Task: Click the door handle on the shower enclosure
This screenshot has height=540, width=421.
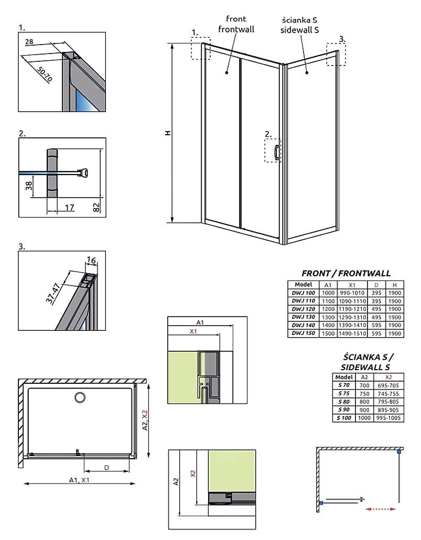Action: point(277,152)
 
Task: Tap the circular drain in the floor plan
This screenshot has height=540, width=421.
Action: point(80,397)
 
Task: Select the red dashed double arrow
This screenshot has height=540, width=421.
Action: point(380,509)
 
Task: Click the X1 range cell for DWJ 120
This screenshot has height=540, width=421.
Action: point(352,309)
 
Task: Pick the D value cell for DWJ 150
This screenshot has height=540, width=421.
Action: point(376,333)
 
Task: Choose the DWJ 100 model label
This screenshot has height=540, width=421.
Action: point(303,293)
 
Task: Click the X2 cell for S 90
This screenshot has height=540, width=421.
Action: point(388,410)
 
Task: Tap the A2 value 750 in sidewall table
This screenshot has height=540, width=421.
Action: point(364,394)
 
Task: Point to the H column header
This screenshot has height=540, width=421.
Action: point(394,285)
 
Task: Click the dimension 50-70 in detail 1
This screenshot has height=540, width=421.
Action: point(45,74)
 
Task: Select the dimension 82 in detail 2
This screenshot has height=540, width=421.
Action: point(97,207)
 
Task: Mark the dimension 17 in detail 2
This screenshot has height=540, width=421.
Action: point(69,208)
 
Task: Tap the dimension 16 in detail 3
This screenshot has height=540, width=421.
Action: point(91,260)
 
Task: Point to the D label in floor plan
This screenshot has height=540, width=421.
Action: point(106,467)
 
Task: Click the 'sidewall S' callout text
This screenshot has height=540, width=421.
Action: point(299,30)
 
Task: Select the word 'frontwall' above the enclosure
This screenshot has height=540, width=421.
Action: point(236,29)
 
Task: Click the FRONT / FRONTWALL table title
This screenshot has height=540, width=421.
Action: point(346,274)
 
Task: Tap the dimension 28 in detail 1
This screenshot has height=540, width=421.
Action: point(29,41)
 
